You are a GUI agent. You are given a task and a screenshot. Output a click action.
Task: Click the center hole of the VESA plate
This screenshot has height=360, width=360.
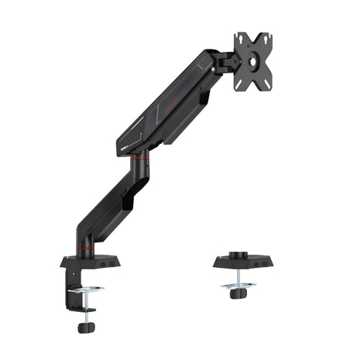[x=252, y=60]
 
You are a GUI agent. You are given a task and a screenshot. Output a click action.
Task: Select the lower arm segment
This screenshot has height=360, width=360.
[x=108, y=204]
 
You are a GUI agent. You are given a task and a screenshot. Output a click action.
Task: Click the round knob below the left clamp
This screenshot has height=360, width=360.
[x=83, y=327]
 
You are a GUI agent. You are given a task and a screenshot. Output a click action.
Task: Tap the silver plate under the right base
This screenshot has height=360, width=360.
[x=238, y=285]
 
